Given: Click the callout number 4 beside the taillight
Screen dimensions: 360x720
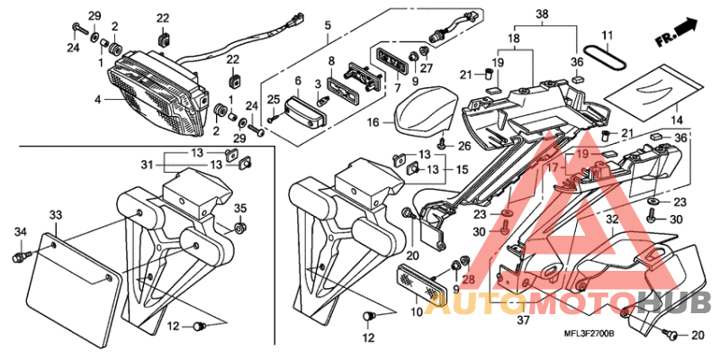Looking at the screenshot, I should click(x=98, y=100).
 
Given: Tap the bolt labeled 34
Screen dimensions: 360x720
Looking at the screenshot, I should click(x=18, y=258).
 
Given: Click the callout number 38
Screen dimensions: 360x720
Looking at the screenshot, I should click(x=542, y=15).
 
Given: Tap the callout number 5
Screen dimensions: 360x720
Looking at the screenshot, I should click(x=328, y=24).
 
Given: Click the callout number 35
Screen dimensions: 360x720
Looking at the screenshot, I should click(x=238, y=209).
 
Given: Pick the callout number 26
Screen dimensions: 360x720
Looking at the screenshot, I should click(x=464, y=146).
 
